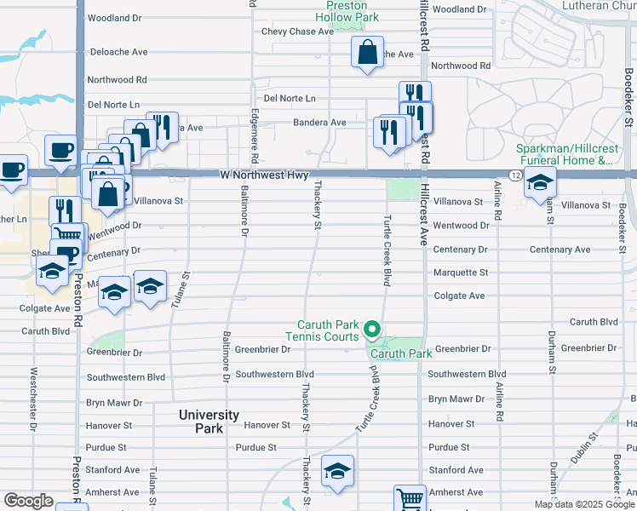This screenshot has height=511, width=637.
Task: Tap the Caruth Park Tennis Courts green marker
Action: click(371, 328)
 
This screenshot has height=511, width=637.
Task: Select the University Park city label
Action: click(209, 421)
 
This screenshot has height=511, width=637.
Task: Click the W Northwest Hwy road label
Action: click(263, 175)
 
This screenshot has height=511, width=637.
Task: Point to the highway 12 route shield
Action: click(515, 175)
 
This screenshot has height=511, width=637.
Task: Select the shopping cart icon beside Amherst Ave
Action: click(410, 498)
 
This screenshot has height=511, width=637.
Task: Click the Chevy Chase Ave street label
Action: click(297, 32)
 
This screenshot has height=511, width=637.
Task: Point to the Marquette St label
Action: click(460, 273)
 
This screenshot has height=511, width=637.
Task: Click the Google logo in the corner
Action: click(28, 501)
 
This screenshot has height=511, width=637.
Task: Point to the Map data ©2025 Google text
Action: click(583, 504)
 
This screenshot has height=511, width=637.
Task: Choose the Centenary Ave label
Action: click(560, 250)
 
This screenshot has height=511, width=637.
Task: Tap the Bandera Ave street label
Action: click(319, 123)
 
